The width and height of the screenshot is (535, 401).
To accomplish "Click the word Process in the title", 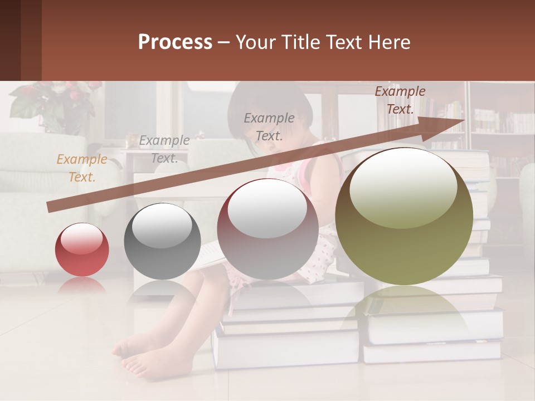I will tap(175, 42).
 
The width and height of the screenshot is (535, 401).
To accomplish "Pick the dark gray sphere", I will tap(162, 241).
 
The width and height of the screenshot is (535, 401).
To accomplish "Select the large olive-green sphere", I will tap(404, 217).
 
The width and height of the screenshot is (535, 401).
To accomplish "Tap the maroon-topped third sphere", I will tap(267, 229).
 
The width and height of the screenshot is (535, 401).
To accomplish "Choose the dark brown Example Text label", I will tap(400, 100).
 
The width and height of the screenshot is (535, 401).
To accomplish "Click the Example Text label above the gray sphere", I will tap(164, 149).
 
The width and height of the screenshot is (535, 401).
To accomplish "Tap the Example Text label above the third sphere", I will tap(269, 126).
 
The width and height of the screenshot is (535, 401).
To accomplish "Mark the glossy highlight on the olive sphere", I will tap(403, 187).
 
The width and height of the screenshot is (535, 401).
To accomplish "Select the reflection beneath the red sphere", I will tap(82, 287).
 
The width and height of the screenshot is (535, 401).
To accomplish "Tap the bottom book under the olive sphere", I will tap(432, 351).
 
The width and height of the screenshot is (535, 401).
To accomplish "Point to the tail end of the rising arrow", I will tap(50, 207).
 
